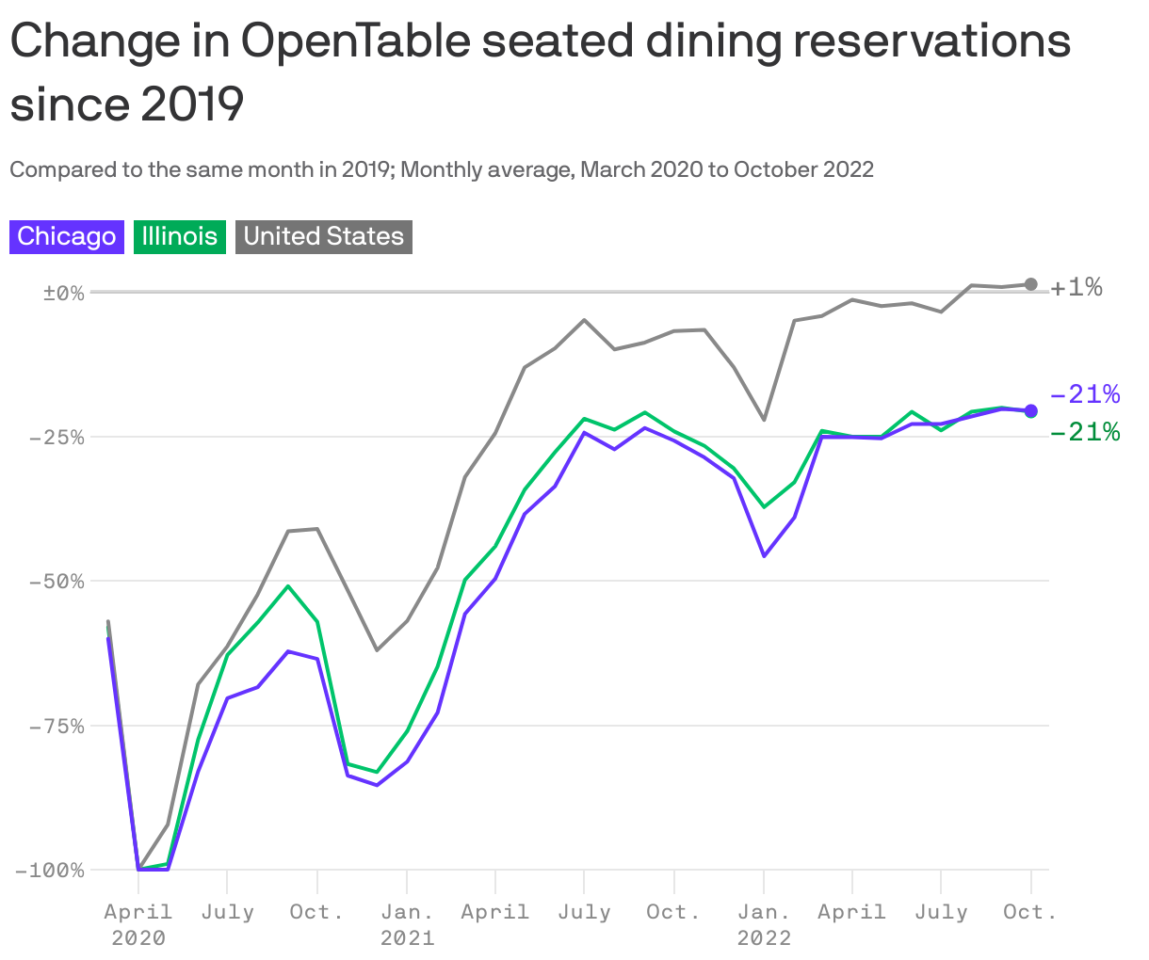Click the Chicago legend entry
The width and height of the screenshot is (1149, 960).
click(67, 236)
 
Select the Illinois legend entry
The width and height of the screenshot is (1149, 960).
click(179, 236)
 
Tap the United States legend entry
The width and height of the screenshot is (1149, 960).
click(323, 236)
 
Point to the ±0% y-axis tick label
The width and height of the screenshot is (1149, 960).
click(63, 293)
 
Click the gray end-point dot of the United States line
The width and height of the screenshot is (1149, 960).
click(1030, 284)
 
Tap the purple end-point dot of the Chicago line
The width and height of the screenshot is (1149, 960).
click(1030, 410)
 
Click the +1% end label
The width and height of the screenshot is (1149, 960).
click(1076, 287)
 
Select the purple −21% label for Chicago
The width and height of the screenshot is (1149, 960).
click(1084, 393)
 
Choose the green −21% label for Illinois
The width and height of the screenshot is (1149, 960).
click(1084, 432)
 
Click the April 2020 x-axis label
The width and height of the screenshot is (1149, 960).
click(138, 924)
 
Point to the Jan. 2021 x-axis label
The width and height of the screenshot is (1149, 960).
click(407, 924)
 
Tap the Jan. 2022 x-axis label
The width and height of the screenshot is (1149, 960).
click(764, 924)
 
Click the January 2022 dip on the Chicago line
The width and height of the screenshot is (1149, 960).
click(764, 556)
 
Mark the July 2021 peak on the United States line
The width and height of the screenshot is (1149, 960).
click(584, 320)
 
